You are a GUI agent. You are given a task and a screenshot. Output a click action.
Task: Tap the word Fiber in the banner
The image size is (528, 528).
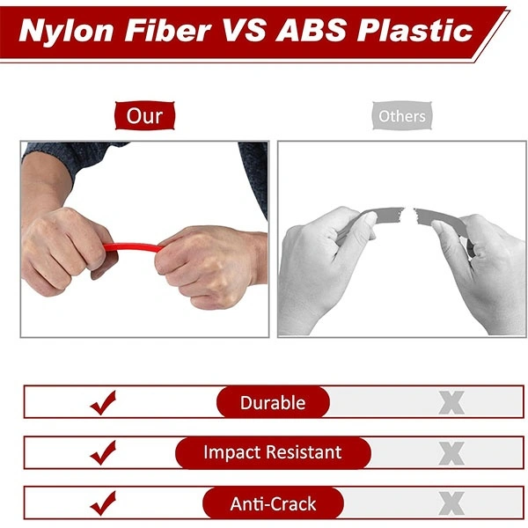pyautogui.click(x=168, y=30)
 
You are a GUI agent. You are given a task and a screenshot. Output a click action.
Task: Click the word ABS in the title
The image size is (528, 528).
pyautogui.click(x=311, y=30)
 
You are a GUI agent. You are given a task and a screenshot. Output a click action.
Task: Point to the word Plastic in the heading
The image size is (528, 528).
pyautogui.click(x=414, y=30)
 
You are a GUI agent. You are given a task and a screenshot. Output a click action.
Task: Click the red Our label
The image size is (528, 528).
pyautogui.click(x=145, y=115)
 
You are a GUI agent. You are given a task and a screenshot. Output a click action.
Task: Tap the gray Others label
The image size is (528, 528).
pyautogui.click(x=402, y=116)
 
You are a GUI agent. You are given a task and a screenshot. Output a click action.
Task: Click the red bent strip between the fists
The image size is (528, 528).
pyautogui.click(x=133, y=247)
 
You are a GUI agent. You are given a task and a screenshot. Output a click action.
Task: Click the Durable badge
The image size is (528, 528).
pyautogui.click(x=273, y=402)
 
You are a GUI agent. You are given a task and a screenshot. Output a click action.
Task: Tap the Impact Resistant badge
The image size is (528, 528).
pyautogui.click(x=273, y=452)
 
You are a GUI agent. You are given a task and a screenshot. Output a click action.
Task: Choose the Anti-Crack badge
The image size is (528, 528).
pyautogui.click(x=273, y=503)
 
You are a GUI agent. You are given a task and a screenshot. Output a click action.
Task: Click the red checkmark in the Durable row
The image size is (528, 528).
pyautogui.click(x=103, y=403)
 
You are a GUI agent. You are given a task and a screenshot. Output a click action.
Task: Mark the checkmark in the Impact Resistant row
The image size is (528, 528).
pyautogui.click(x=103, y=453)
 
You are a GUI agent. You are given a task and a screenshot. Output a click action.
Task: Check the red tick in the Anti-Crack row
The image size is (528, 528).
pyautogui.click(x=103, y=503)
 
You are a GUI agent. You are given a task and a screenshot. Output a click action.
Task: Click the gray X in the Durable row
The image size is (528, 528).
pyautogui.click(x=451, y=403)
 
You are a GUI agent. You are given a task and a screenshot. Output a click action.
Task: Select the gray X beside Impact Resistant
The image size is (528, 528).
pyautogui.click(x=451, y=453)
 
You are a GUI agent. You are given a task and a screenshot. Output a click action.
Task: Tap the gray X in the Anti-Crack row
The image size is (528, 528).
pyautogui.click(x=451, y=503)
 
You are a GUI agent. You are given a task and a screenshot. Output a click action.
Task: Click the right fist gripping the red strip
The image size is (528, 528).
pyautogui.click(x=209, y=266)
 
